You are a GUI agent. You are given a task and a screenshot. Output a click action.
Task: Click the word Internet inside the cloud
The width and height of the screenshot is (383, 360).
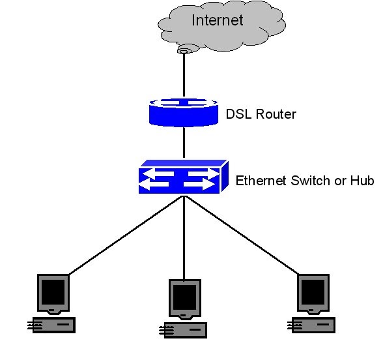click(217, 20)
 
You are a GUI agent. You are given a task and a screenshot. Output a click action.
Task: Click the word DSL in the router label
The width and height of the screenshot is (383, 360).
click(237, 115)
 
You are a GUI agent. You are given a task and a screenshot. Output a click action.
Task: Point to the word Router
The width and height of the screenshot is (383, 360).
click(274, 115)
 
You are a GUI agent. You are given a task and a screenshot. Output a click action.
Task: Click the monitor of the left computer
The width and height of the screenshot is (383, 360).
click(53, 292)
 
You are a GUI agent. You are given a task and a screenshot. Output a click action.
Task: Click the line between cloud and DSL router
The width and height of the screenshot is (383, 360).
click(184, 75)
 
